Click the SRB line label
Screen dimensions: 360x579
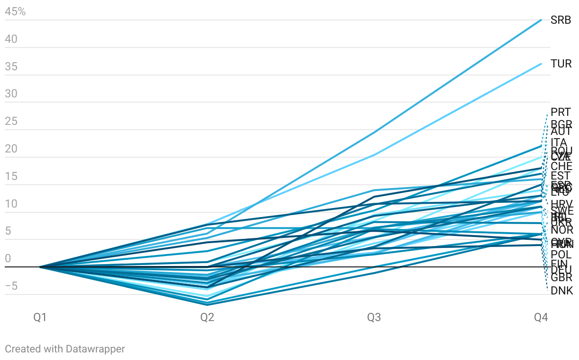(560, 20)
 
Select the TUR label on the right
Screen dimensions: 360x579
(561, 64)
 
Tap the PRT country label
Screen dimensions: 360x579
(560, 113)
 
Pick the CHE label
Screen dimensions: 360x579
(561, 167)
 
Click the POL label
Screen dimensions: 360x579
(561, 255)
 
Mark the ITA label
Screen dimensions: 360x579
(559, 142)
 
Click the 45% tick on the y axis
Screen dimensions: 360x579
(15, 12)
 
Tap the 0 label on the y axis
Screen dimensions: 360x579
(8, 259)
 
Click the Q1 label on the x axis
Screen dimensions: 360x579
(40, 317)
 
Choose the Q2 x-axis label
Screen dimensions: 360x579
(207, 317)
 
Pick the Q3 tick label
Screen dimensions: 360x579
(374, 317)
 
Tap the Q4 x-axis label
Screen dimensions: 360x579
(541, 317)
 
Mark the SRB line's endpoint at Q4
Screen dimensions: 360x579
(541, 20)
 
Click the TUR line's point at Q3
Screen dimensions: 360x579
(374, 155)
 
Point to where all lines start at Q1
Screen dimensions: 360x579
(40, 267)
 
